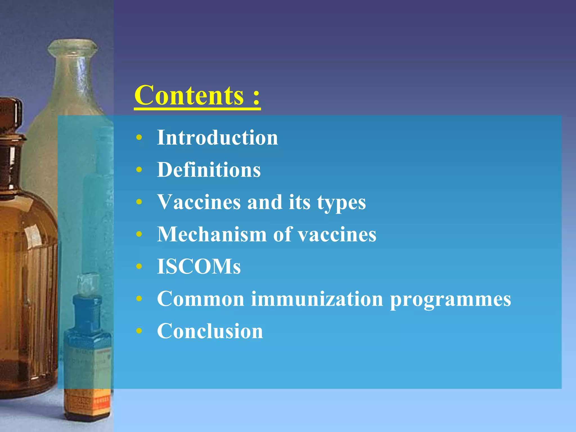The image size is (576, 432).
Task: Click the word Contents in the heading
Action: [189, 95]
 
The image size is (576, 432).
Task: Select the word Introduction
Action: [217, 138]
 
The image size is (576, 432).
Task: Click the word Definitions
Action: [209, 170]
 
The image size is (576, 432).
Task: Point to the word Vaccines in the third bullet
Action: [199, 202]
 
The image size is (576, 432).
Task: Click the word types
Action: [341, 203]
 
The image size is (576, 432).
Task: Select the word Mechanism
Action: [211, 234]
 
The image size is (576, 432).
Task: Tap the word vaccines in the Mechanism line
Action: [337, 235]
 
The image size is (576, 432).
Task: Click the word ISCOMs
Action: [199, 266]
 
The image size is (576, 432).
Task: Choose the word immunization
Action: [317, 299]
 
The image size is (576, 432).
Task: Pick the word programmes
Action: [450, 300]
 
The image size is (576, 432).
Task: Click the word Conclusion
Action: [210, 331]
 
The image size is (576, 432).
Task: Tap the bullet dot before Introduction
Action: [139, 138]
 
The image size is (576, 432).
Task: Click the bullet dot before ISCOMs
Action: [139, 266]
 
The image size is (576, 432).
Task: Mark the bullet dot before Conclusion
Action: [139, 331]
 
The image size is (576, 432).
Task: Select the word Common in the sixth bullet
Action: [201, 299]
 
